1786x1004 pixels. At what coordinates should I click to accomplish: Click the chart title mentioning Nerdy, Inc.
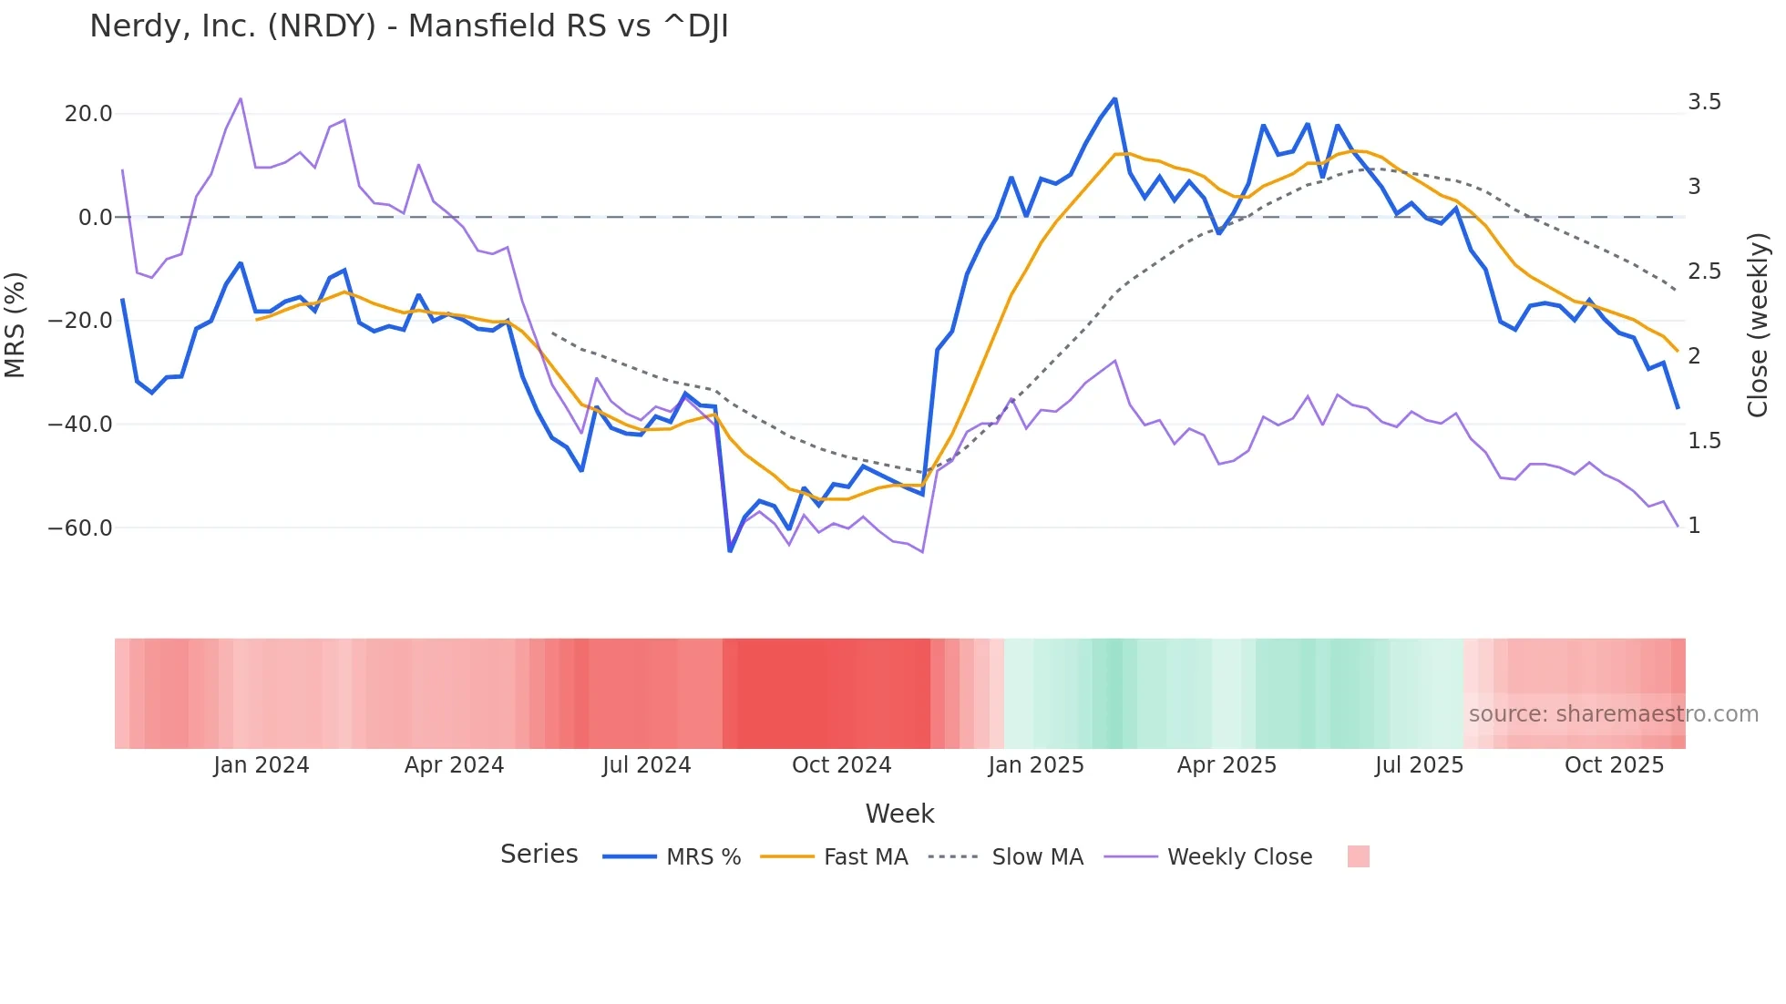408,26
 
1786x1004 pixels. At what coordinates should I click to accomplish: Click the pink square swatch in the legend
1358,856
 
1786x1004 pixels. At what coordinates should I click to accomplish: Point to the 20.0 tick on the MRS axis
88,114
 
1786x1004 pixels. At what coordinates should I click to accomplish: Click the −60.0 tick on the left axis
80,528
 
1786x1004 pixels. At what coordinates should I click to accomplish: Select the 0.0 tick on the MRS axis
95,218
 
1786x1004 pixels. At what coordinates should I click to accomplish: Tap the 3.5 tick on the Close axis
1704,102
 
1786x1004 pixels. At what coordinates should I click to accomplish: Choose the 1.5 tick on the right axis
1704,441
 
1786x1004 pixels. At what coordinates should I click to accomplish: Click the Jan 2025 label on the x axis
1035,765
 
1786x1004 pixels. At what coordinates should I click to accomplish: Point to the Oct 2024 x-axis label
841,765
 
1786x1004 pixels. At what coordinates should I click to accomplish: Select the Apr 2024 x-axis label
454,765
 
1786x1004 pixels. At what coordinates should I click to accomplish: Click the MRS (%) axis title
15,325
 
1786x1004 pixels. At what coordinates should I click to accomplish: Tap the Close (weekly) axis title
1758,325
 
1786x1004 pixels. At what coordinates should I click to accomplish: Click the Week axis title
899,814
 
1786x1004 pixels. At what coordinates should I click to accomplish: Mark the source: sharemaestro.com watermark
1613,714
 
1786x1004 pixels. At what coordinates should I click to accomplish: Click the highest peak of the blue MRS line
1114,99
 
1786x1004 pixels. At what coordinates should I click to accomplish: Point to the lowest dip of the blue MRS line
730,550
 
